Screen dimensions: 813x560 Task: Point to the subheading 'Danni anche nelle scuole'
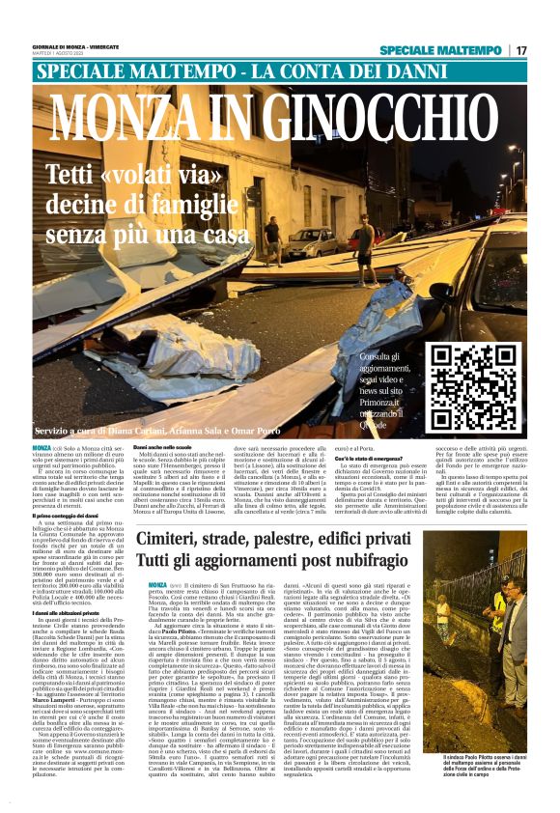[x=169, y=448]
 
